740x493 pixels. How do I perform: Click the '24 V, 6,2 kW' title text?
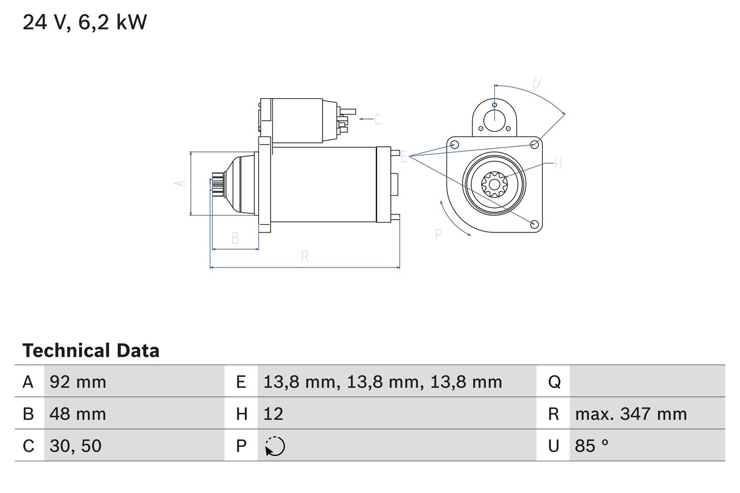click(x=84, y=23)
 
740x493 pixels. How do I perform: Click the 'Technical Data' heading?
click(x=91, y=351)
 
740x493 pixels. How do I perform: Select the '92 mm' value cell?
click(x=78, y=382)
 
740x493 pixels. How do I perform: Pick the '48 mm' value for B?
click(x=78, y=414)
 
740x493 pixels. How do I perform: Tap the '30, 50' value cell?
click(x=76, y=446)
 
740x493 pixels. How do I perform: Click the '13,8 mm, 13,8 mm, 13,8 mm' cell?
click(x=383, y=382)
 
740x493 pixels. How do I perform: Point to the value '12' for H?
click(x=273, y=414)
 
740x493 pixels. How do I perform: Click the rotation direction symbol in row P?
click(x=275, y=446)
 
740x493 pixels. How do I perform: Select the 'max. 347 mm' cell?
click(x=631, y=414)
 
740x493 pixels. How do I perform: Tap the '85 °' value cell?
click(x=592, y=446)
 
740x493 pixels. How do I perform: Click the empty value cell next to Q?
click(x=646, y=382)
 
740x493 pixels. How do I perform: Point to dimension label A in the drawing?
click(x=180, y=183)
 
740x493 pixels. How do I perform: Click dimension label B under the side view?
click(x=235, y=238)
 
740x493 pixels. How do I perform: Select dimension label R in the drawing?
click(x=305, y=257)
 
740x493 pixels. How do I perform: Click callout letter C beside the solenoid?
click(x=378, y=120)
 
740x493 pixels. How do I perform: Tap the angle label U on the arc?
click(x=536, y=83)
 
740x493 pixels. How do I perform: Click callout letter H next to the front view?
click(x=558, y=164)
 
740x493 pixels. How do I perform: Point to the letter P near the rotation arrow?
click(x=438, y=235)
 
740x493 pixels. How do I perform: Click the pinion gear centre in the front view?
click(x=494, y=186)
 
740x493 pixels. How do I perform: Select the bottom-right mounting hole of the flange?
click(x=534, y=224)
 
